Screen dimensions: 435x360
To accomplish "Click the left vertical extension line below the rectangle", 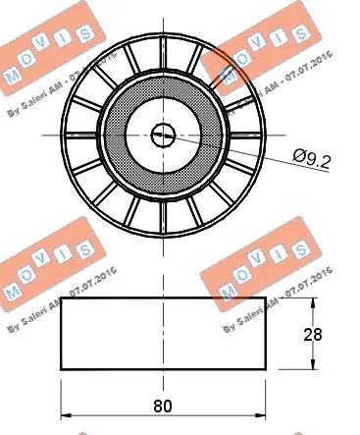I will [61, 393].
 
